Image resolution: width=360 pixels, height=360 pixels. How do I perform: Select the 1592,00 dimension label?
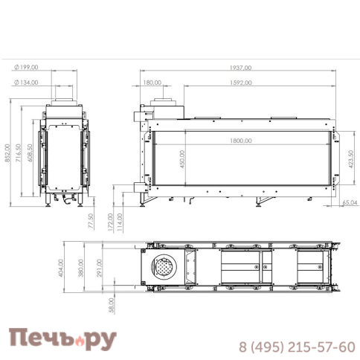(x=240, y=83)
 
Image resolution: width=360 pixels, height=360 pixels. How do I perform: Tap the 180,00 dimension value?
(x=152, y=83)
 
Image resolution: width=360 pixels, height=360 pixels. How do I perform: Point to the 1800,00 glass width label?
(x=240, y=140)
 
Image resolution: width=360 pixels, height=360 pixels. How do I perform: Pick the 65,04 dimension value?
(x=349, y=202)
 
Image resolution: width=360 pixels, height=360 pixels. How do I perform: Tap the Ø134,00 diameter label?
(x=27, y=83)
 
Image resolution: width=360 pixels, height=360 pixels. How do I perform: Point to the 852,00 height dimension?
(x=8, y=156)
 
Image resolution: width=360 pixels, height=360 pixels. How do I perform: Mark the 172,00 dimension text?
(x=110, y=222)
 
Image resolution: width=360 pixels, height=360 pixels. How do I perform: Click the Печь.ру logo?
(x=62, y=341)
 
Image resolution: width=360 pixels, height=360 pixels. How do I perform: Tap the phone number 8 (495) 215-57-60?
(x=296, y=347)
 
